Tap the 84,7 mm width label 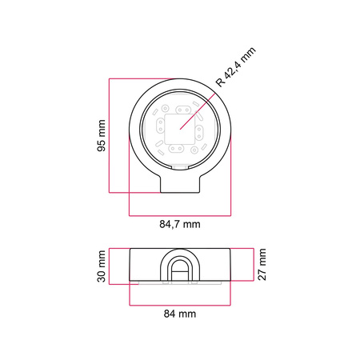click(180, 225)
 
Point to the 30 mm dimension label click(101, 266)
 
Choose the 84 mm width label click(180, 314)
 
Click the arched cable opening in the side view click(180, 269)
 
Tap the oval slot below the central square click(179, 149)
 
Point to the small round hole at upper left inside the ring click(164, 109)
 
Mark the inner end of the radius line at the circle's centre click(180, 128)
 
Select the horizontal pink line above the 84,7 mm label click(180, 215)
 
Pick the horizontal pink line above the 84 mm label click(180, 305)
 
